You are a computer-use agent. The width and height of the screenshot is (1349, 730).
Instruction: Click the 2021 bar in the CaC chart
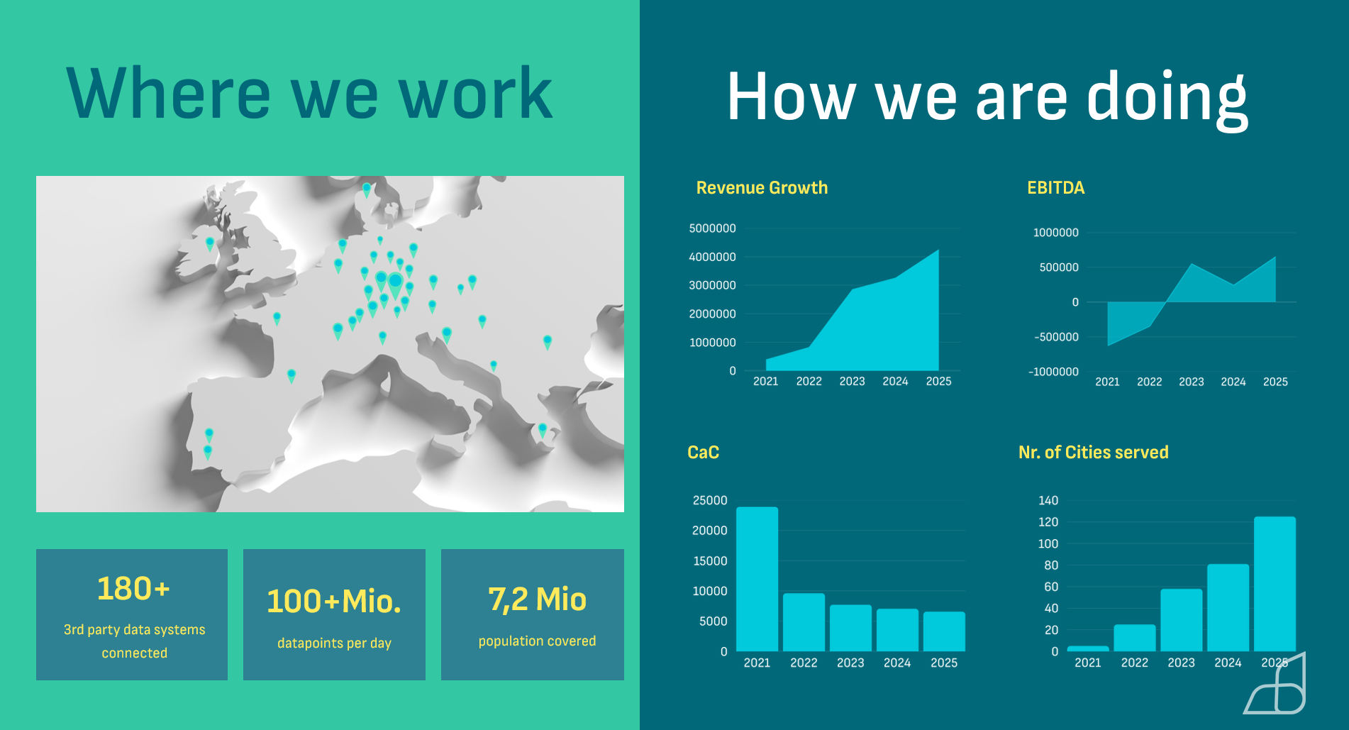click(757, 579)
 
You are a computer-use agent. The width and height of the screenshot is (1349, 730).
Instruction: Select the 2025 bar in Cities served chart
click(1275, 584)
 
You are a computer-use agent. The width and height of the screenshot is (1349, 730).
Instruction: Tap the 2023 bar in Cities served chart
click(1181, 620)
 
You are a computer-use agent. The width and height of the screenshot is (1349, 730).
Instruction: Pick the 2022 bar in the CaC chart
click(804, 622)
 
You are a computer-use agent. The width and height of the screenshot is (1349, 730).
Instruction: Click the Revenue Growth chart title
click(762, 188)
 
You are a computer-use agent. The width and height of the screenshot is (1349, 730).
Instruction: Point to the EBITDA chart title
click(1055, 188)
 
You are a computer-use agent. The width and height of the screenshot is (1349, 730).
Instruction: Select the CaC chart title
click(703, 453)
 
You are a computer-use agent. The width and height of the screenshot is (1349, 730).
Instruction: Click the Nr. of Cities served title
click(1093, 453)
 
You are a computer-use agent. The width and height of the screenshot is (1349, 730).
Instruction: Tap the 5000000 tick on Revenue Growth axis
click(712, 228)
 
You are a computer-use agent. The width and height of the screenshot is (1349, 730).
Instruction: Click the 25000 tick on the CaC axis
click(710, 500)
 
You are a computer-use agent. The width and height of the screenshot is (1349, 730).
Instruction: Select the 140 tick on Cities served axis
click(1048, 500)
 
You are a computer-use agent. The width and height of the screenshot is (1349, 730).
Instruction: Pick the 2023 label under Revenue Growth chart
click(852, 381)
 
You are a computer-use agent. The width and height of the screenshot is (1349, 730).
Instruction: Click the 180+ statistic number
click(133, 588)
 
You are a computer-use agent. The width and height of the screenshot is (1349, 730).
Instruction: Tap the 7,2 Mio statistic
click(537, 599)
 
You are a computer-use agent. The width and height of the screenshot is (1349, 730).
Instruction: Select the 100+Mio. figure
click(334, 602)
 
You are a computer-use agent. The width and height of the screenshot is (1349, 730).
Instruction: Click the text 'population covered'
click(537, 641)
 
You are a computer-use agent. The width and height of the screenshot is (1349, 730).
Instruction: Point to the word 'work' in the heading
click(476, 93)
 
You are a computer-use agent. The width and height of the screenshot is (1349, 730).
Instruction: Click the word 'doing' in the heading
click(1167, 99)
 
